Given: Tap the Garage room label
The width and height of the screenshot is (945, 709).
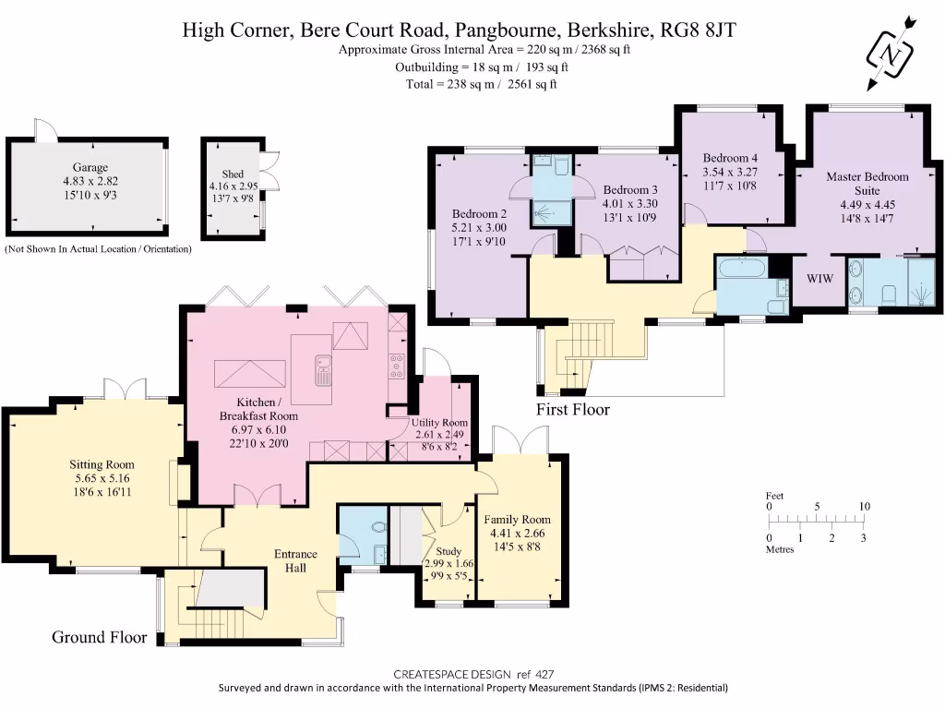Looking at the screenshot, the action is [90, 167].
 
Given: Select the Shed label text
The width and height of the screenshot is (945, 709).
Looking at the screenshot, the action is [233, 174].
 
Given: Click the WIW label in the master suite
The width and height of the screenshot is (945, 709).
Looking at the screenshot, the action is [820, 278].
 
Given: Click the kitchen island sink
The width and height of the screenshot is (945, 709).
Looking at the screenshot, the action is [324, 370].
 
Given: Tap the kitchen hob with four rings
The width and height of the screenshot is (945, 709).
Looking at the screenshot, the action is [397, 366].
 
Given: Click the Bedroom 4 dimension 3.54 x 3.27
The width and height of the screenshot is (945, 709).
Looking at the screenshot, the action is [730, 172].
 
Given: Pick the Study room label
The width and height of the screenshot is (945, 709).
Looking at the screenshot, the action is [449, 551].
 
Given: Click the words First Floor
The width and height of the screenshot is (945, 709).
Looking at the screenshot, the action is [573, 409].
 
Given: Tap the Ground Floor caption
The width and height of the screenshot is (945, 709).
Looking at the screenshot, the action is [100, 637].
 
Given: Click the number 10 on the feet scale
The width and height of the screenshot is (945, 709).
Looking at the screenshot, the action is [864, 507].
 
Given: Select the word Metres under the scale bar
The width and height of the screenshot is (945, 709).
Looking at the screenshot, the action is [780, 549].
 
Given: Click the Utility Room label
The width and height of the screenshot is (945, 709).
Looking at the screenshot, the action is [439, 423].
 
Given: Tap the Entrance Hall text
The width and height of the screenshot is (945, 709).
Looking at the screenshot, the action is [295, 560].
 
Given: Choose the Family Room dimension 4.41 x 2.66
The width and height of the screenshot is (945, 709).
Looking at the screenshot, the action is [517, 533].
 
